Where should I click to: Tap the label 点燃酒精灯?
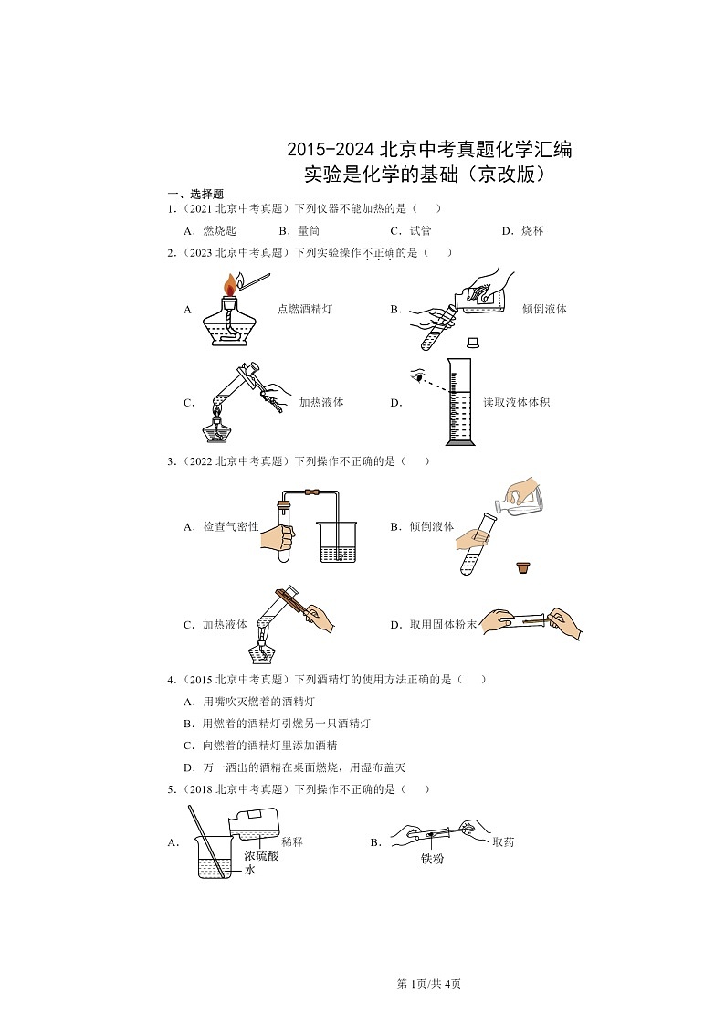pos(304,310)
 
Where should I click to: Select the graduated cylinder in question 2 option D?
pos(461,402)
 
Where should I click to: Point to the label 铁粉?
pos(432,859)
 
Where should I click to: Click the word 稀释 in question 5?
pos(292,841)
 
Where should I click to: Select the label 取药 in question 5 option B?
pos(503,841)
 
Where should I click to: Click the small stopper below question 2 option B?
pos(473,343)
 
